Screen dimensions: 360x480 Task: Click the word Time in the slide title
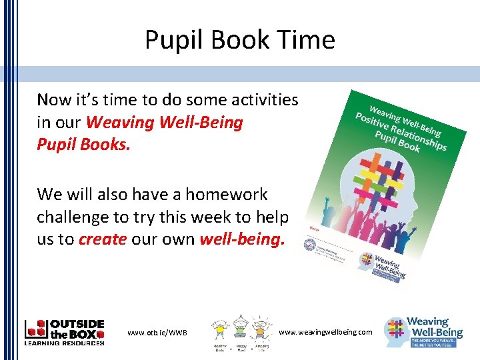click(x=307, y=40)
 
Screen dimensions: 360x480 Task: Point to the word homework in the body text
click(x=226, y=195)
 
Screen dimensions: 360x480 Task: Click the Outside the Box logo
click(x=64, y=331)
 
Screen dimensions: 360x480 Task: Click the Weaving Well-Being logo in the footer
click(x=425, y=331)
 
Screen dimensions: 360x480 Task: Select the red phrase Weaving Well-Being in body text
click(x=165, y=123)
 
